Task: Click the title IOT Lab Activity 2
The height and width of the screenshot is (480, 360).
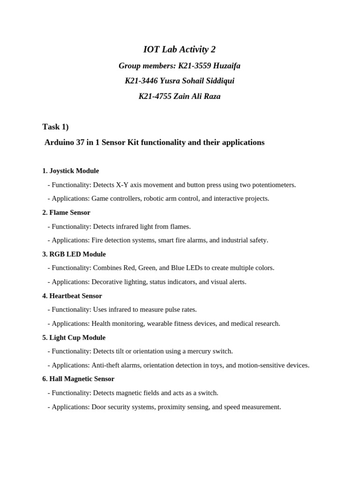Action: (x=180, y=49)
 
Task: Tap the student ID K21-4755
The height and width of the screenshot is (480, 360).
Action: (x=155, y=97)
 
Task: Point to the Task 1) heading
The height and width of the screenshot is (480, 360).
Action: (x=55, y=127)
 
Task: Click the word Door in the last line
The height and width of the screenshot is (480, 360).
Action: (x=99, y=407)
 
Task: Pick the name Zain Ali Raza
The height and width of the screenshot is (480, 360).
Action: (x=197, y=97)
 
